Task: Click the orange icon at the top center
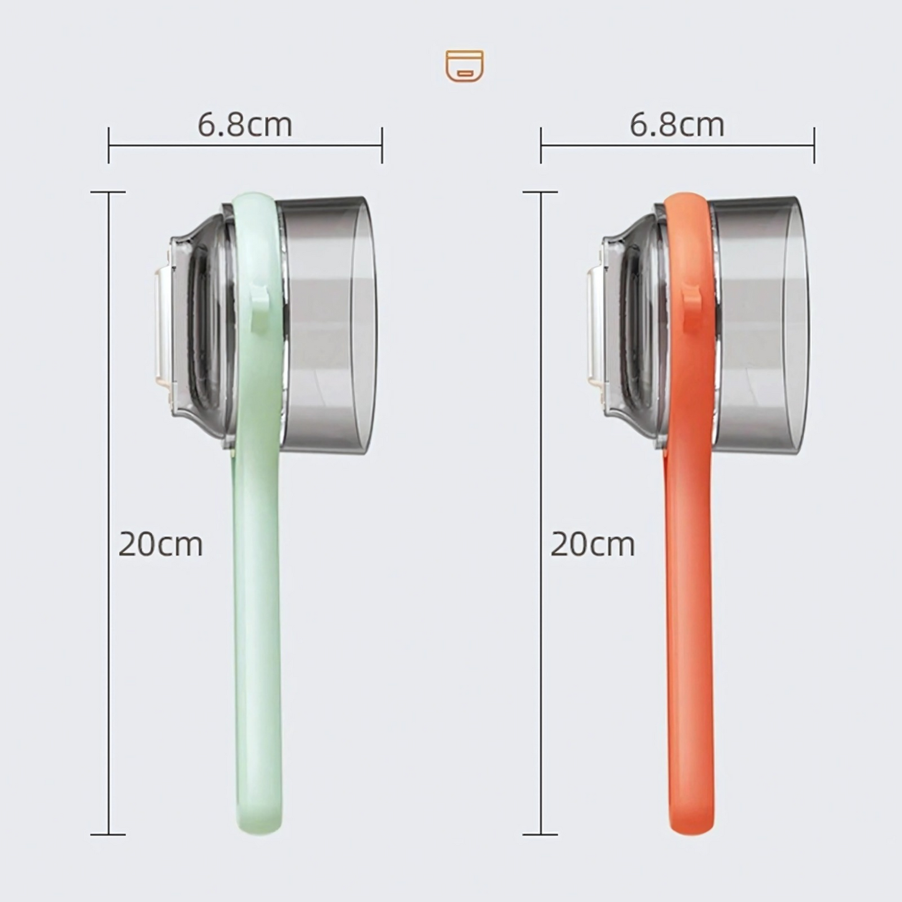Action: pyautogui.click(x=464, y=66)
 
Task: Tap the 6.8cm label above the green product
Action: pyautogui.click(x=245, y=125)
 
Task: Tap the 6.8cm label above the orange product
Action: pyautogui.click(x=677, y=125)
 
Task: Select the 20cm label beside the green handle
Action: pyautogui.click(x=160, y=544)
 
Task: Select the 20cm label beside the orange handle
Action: pyautogui.click(x=592, y=544)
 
